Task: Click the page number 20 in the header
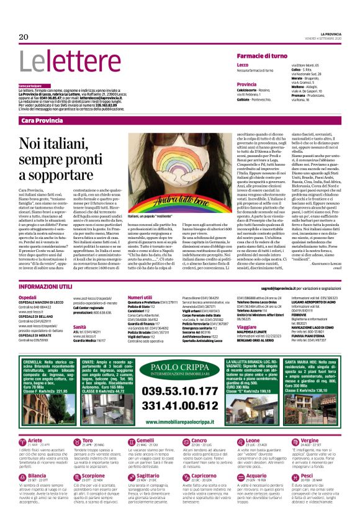(x=24, y=37)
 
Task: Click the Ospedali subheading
(x=29, y=297)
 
